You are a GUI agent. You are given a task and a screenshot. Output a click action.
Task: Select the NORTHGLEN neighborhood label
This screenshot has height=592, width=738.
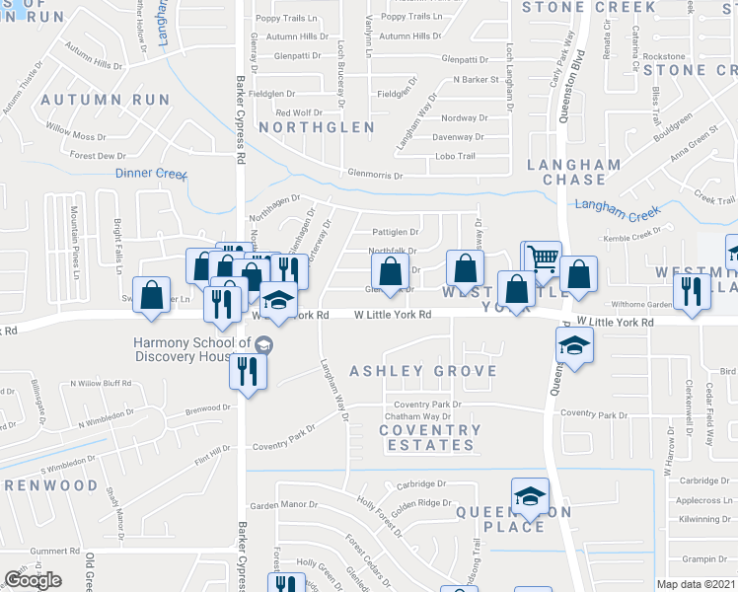point(316,127)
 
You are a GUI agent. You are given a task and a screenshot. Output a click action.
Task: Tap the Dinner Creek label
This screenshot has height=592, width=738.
point(151,174)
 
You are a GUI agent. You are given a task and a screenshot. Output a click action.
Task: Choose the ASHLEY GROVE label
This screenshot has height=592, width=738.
point(424,371)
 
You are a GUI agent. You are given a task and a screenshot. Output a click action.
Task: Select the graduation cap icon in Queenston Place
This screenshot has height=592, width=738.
point(530,495)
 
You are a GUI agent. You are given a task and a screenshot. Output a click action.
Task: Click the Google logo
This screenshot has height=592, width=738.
point(34,580)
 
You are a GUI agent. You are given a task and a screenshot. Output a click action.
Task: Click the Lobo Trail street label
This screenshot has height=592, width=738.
point(457,156)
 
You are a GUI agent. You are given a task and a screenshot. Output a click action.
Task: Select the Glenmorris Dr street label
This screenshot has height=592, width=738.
point(376,176)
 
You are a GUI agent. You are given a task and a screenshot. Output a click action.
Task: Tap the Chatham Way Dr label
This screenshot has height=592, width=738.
point(417,417)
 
